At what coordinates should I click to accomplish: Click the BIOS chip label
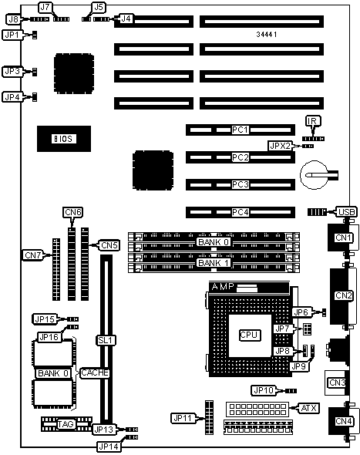click(64, 139)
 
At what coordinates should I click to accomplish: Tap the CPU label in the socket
click(249, 335)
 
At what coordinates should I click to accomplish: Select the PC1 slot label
click(241, 130)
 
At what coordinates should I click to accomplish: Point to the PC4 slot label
click(241, 212)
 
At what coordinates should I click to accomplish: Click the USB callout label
click(346, 212)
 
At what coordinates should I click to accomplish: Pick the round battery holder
click(315, 175)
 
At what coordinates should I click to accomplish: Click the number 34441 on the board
click(267, 35)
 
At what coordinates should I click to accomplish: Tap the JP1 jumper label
click(12, 35)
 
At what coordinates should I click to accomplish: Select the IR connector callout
click(313, 121)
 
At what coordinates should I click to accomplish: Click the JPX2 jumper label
click(281, 146)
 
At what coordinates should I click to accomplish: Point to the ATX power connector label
click(308, 408)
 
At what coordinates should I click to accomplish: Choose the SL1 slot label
click(106, 340)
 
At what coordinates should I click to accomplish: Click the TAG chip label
click(66, 424)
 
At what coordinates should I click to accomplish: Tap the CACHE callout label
click(95, 373)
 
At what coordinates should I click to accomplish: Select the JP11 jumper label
click(183, 418)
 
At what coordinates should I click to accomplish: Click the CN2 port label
click(344, 295)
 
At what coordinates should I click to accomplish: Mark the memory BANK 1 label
click(214, 263)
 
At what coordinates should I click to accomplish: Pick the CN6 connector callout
click(73, 212)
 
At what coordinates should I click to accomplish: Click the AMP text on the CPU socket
click(223, 287)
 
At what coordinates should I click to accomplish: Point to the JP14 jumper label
click(109, 447)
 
